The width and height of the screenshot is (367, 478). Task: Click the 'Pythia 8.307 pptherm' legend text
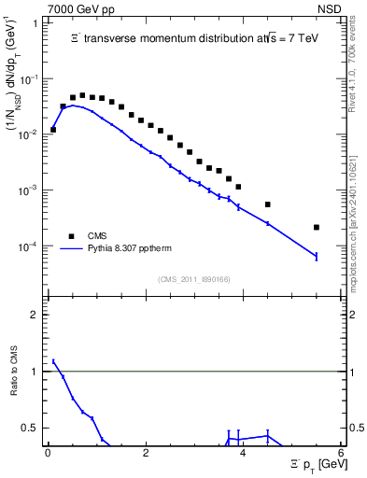134,249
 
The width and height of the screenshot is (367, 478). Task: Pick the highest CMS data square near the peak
82,95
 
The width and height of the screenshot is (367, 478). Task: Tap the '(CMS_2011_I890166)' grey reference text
194,279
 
